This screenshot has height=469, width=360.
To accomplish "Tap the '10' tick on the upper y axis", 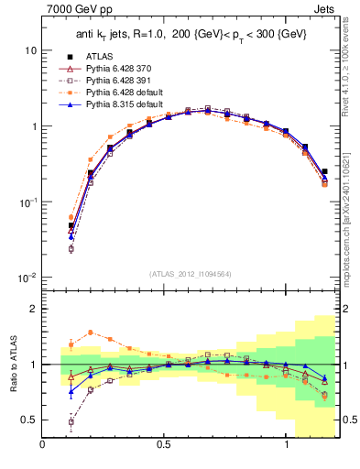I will pos(30,50).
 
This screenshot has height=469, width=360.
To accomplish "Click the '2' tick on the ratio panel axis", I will pos(34,309).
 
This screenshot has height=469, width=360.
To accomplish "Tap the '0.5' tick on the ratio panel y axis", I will pos(29,420).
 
